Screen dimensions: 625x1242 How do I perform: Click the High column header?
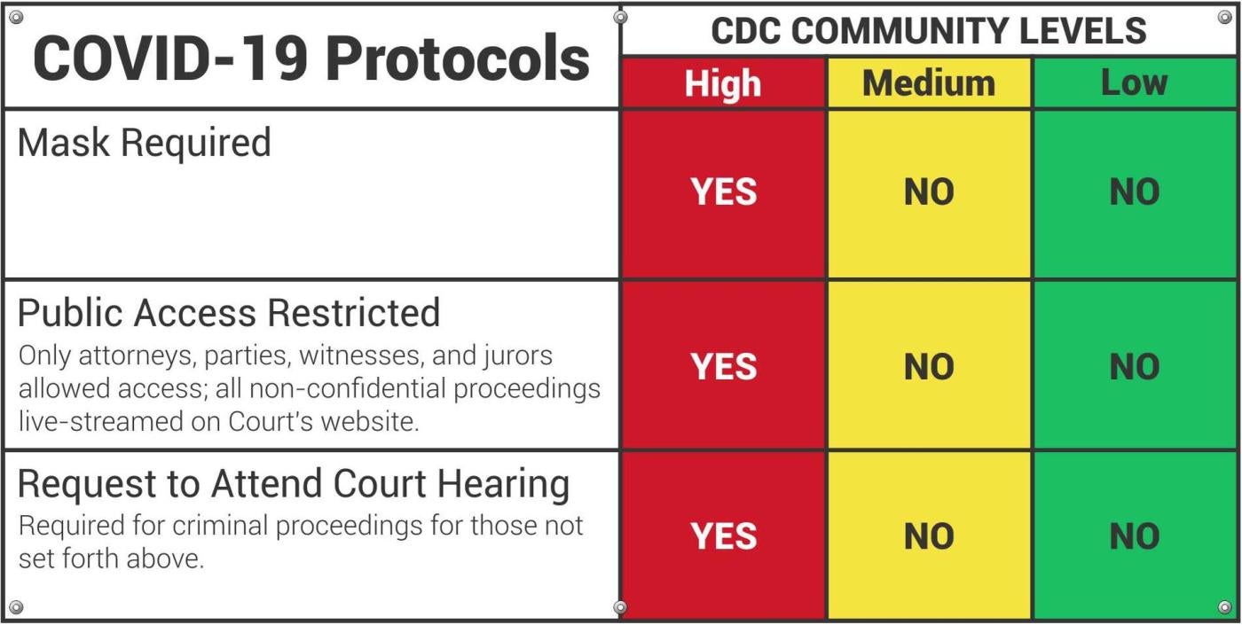722,84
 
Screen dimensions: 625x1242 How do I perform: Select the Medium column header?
929,84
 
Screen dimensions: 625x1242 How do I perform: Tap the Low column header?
1134,83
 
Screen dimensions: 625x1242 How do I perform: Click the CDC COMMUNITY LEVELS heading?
929,31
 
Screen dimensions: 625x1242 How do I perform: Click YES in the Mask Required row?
724,192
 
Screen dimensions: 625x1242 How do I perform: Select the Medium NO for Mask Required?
929,192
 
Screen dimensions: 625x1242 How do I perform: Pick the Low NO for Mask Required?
1135,192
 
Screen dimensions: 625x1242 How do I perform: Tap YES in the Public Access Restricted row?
724,367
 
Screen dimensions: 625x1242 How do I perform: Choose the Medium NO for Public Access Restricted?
929,367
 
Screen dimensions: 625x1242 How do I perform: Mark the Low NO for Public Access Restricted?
1135,367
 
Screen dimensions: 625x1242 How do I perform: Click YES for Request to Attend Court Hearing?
724,536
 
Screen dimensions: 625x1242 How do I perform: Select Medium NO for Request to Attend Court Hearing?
929,536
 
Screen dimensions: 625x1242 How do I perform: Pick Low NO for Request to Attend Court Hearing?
1135,536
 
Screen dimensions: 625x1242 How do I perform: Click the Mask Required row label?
144,143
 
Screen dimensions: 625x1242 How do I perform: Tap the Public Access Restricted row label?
229,313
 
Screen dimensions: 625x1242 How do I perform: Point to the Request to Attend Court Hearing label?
293,484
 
